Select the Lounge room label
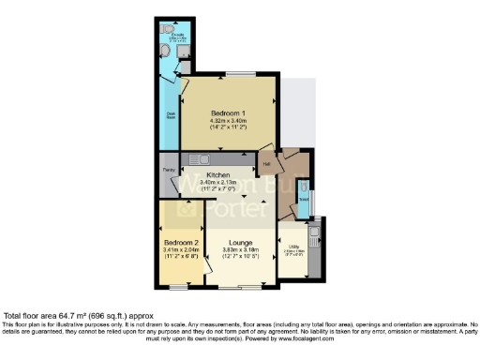tap(239, 241)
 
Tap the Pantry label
tap(169, 170)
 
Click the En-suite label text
tap(176, 34)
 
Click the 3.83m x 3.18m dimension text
tap(239, 249)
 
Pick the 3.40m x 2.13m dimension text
tap(217, 183)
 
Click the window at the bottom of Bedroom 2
tap(175, 283)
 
